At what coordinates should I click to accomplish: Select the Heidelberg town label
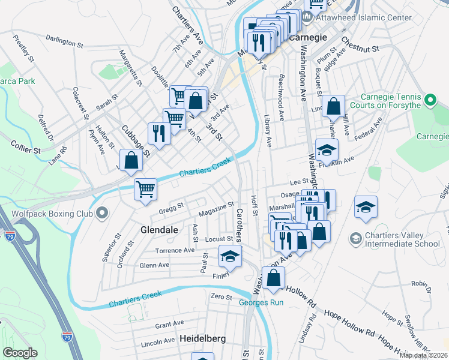(x=203, y=339)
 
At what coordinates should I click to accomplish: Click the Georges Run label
(x=261, y=302)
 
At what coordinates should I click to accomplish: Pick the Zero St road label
(x=221, y=296)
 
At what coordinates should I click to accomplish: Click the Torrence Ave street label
(x=175, y=250)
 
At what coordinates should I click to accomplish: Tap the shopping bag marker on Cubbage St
(x=131, y=160)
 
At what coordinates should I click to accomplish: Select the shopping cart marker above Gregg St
(x=145, y=189)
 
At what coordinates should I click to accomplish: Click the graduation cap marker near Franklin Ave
(x=327, y=149)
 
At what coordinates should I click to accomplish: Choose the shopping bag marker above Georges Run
(x=273, y=278)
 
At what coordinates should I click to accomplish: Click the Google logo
(x=20, y=353)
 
